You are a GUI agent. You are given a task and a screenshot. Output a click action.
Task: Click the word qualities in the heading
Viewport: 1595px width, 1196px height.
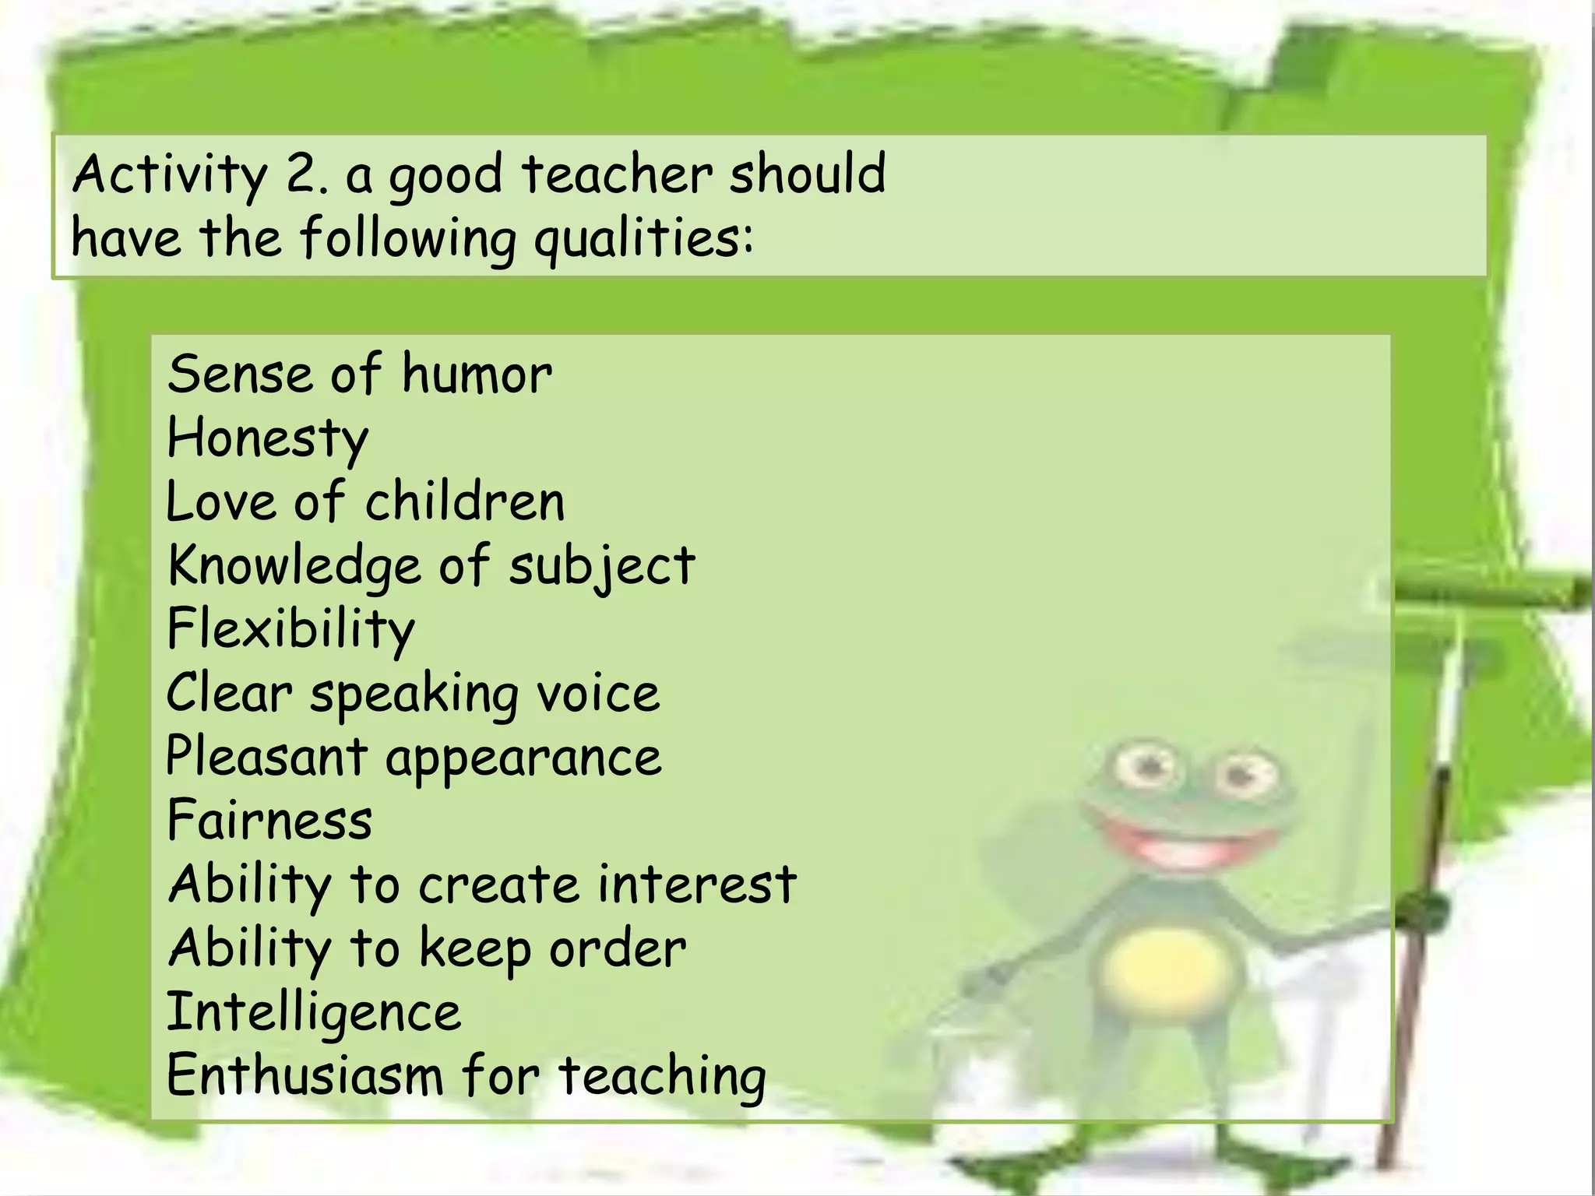(x=643, y=239)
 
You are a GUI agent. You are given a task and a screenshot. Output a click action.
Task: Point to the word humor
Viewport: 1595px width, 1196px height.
(x=477, y=375)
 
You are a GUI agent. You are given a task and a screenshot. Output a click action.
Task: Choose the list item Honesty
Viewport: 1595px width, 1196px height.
(x=267, y=439)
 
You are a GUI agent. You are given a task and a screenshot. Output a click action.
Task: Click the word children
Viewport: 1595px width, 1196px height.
(x=465, y=502)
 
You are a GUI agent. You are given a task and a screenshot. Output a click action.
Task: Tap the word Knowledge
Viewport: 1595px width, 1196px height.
(x=294, y=567)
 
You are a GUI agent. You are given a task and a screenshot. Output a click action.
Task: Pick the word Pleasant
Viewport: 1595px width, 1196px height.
(x=266, y=757)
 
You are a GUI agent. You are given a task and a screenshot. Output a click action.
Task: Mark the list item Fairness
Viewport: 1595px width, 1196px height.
(x=269, y=821)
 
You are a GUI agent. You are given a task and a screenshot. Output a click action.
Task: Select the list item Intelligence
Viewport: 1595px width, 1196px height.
(x=314, y=1013)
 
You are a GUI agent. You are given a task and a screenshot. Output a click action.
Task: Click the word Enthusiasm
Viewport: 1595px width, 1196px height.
(x=305, y=1076)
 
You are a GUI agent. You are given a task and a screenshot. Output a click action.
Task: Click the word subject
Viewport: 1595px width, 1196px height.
(x=601, y=567)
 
